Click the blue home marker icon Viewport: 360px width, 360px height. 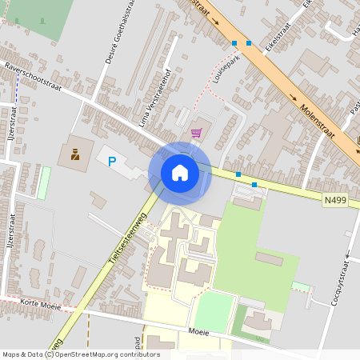[x=180, y=172]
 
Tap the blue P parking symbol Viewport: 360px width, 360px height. [x=112, y=161]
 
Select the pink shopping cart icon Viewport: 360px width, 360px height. [x=196, y=133]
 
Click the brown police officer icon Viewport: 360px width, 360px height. [x=75, y=153]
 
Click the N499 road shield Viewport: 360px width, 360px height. [x=336, y=200]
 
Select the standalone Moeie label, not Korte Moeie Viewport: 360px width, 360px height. [x=199, y=330]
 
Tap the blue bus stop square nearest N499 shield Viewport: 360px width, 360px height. [x=254, y=185]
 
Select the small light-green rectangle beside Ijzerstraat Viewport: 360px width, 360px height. [x=43, y=182]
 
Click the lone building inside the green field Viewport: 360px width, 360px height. [x=269, y=258]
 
